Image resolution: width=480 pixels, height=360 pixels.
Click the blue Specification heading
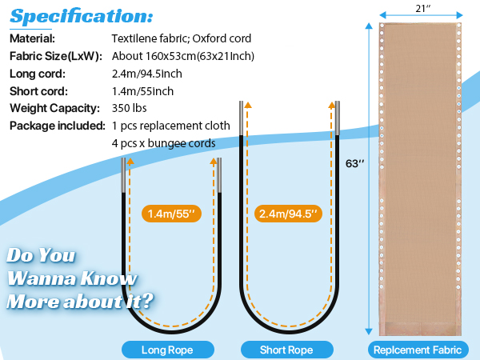point(82,16)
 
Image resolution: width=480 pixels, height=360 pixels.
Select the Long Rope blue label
point(168,350)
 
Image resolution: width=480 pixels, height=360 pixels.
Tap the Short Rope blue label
point(287,350)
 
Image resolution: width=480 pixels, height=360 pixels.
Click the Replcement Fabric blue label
point(418,350)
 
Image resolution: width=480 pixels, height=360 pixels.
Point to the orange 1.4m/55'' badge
point(171,214)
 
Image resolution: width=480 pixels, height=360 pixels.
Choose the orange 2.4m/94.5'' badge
point(288,214)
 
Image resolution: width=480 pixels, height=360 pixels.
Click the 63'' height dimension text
point(354,163)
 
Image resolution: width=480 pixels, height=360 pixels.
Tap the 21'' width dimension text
point(422,8)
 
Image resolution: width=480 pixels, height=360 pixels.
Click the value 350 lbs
point(129,108)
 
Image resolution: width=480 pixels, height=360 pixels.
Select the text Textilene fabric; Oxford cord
point(182,38)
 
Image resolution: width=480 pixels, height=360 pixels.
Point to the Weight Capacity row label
point(54,108)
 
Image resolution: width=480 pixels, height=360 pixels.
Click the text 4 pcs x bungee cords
point(163,143)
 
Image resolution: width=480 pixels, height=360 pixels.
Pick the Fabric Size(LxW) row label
point(56,56)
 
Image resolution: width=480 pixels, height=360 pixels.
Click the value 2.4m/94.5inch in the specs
point(147,74)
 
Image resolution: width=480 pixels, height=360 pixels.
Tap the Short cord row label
point(38,91)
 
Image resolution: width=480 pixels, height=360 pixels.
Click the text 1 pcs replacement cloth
point(171,126)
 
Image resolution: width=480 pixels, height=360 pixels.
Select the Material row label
point(33,38)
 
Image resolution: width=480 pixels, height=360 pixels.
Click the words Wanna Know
point(72,278)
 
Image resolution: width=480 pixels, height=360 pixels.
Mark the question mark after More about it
point(148,301)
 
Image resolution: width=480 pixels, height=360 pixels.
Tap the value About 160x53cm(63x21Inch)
point(183,56)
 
